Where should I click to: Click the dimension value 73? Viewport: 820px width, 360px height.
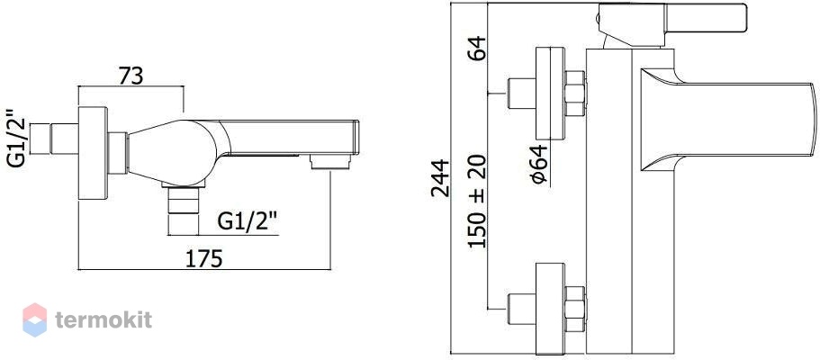[131, 76]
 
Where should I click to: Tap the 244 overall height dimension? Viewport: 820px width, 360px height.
[440, 178]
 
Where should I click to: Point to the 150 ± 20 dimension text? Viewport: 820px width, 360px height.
[477, 202]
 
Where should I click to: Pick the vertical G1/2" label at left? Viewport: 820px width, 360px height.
[16, 138]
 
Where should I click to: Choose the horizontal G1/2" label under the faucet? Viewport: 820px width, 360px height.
[247, 222]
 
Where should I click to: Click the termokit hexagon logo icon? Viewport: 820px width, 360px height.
[34, 319]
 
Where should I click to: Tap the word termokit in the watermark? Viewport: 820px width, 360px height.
[104, 319]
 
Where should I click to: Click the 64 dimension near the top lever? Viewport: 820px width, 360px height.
[477, 49]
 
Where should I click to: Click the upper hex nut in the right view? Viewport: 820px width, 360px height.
[575, 93]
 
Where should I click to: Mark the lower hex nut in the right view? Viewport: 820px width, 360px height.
[575, 310]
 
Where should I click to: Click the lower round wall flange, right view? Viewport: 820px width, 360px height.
[551, 310]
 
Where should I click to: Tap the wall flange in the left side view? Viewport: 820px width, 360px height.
[93, 153]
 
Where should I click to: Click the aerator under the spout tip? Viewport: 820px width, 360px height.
[329, 162]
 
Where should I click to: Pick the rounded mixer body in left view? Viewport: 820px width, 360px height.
[173, 153]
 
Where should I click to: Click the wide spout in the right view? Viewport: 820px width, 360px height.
[727, 120]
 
